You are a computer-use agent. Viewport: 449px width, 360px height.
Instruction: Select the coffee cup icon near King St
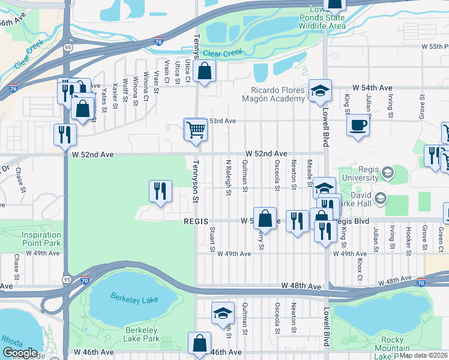(x=358, y=126)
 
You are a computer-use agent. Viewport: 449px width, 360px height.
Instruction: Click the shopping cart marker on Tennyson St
(x=196, y=130)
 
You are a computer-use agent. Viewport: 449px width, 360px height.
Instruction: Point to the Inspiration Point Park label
(x=41, y=239)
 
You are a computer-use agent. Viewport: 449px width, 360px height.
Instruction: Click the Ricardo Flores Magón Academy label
(x=275, y=94)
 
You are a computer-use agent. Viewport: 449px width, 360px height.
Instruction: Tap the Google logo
(x=20, y=353)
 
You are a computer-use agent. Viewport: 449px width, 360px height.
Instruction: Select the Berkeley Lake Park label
(x=142, y=335)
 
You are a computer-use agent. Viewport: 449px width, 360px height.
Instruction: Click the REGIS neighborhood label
(x=195, y=221)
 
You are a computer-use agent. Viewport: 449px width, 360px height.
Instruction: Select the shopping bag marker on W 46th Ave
(x=199, y=344)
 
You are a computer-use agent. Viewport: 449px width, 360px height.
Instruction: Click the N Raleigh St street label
(x=228, y=178)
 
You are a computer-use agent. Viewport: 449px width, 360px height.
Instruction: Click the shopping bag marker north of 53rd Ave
(x=205, y=71)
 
